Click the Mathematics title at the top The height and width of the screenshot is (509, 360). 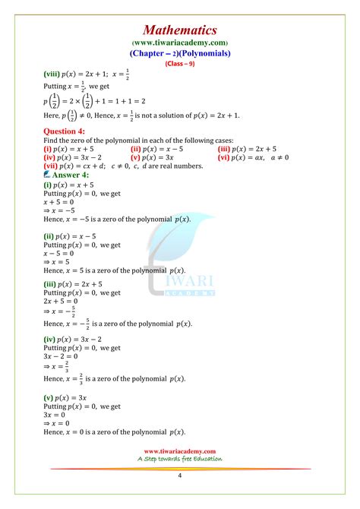click(180, 30)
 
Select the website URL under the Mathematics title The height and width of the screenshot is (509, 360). click(180, 43)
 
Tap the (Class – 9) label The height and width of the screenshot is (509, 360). click(180, 65)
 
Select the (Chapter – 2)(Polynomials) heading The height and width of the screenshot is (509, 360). click(180, 54)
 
